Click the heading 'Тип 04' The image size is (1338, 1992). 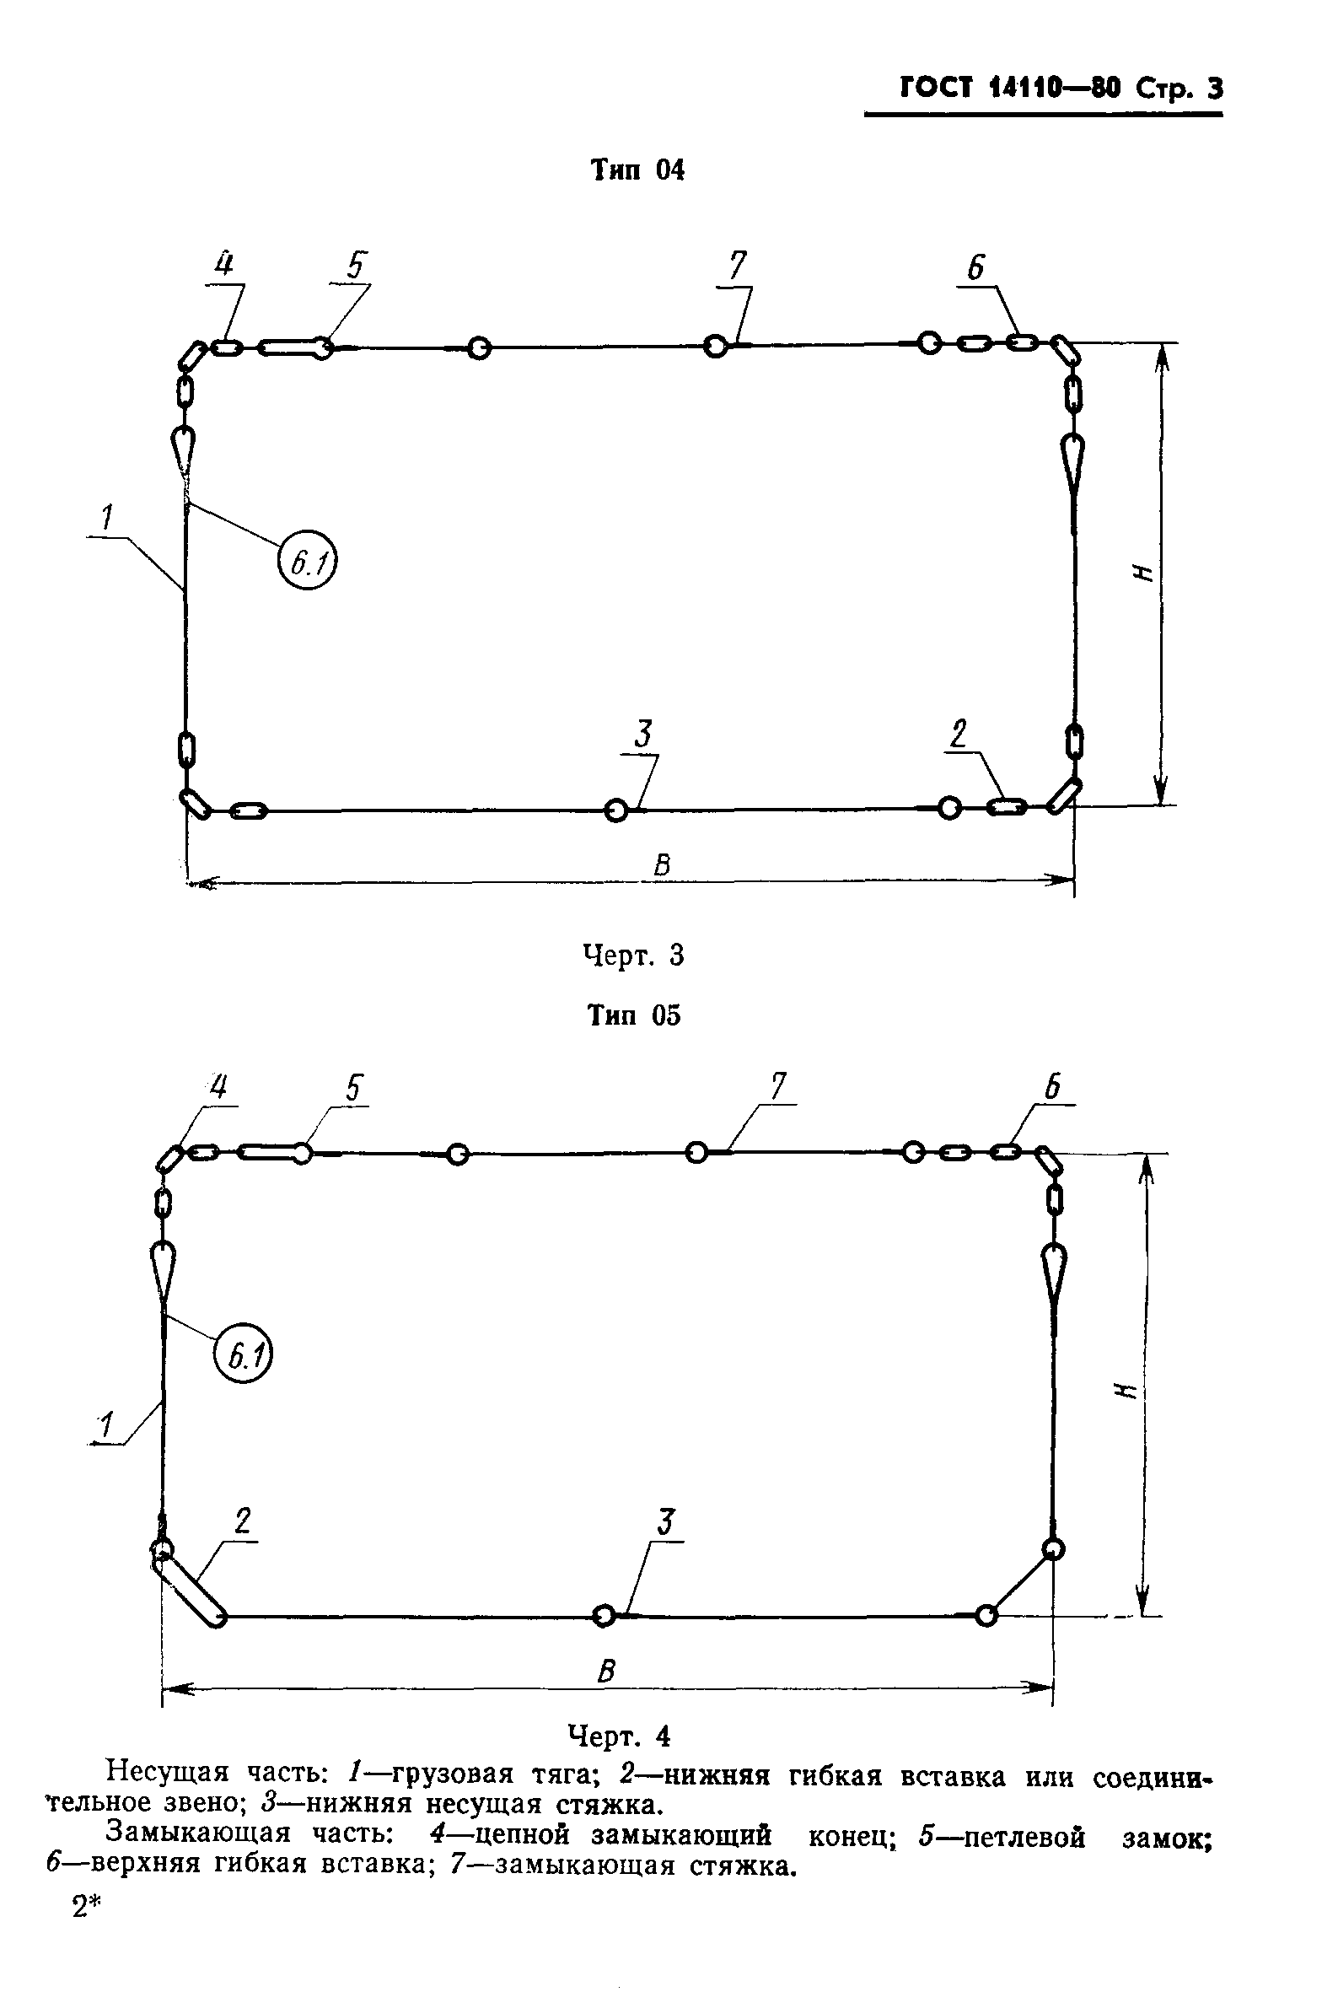pos(637,170)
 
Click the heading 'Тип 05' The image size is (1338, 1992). pos(634,1015)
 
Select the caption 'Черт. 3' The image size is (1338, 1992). pos(633,955)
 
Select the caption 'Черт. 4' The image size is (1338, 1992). pos(620,1736)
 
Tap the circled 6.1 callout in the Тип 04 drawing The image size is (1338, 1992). pos(308,562)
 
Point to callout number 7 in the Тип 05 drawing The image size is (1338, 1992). pos(778,1086)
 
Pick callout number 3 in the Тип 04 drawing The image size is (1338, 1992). pos(644,734)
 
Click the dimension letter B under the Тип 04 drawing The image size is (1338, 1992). pos(662,866)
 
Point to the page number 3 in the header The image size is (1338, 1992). pos(1214,89)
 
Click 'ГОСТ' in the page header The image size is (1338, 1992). pos(935,89)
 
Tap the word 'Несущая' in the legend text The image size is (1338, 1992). pos(167,1774)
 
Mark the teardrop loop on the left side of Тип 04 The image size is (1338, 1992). pos(183,448)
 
